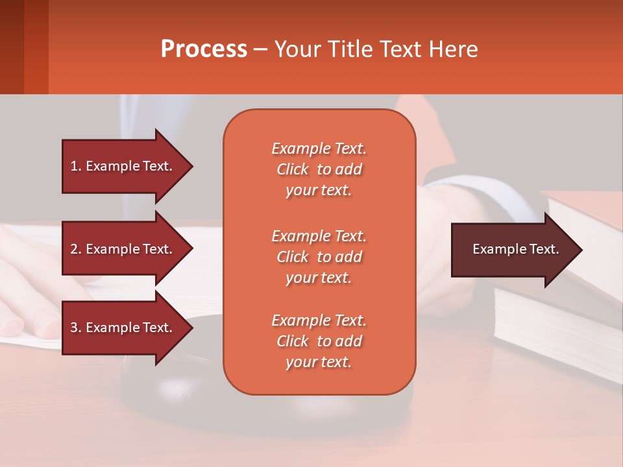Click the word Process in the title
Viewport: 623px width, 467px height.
click(204, 49)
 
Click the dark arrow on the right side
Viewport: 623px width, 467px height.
click(513, 250)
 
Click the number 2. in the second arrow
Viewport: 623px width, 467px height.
click(76, 249)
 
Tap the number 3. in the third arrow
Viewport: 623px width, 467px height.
click(76, 328)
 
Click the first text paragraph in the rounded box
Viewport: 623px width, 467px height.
click(319, 169)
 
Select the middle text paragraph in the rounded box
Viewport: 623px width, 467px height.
click(319, 257)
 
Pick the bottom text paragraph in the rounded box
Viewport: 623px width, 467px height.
click(319, 341)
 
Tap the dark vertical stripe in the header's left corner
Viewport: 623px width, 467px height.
click(12, 47)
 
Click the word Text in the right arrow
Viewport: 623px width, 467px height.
click(544, 249)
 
